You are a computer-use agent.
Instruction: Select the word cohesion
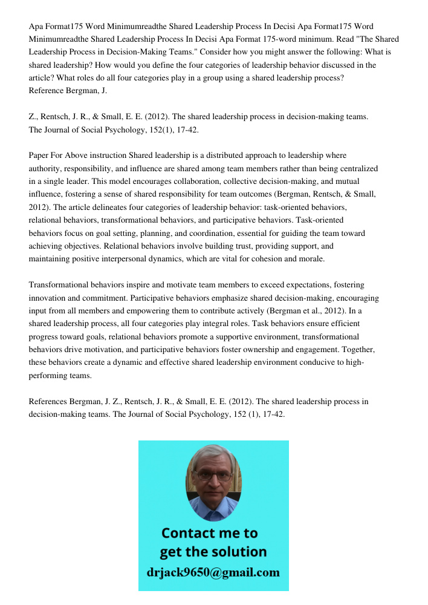pyautogui.click(x=276, y=258)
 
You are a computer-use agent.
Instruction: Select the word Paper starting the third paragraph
pyautogui.click(x=39, y=155)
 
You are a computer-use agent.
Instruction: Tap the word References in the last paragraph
pyautogui.click(x=49, y=401)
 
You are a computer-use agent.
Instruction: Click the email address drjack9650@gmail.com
pyautogui.click(x=213, y=572)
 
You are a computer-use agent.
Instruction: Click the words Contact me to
pyautogui.click(x=209, y=533)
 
